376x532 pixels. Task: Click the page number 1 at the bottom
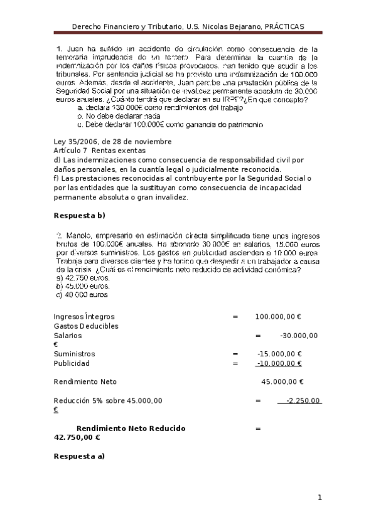pos(320,498)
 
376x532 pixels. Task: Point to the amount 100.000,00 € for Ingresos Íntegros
pos(279,317)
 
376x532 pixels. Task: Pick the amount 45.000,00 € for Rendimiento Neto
pos(282,381)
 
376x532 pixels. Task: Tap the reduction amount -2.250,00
pos(303,400)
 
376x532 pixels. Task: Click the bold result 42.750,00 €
pos(78,438)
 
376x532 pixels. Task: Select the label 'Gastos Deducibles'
pos(86,326)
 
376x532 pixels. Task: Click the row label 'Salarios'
pos(68,336)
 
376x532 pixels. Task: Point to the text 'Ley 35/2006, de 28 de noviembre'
pos(113,142)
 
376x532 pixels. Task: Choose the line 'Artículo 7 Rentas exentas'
pos(100,151)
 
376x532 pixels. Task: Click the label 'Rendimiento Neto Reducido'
pos(126,428)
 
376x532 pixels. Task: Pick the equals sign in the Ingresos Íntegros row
pos(235,317)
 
